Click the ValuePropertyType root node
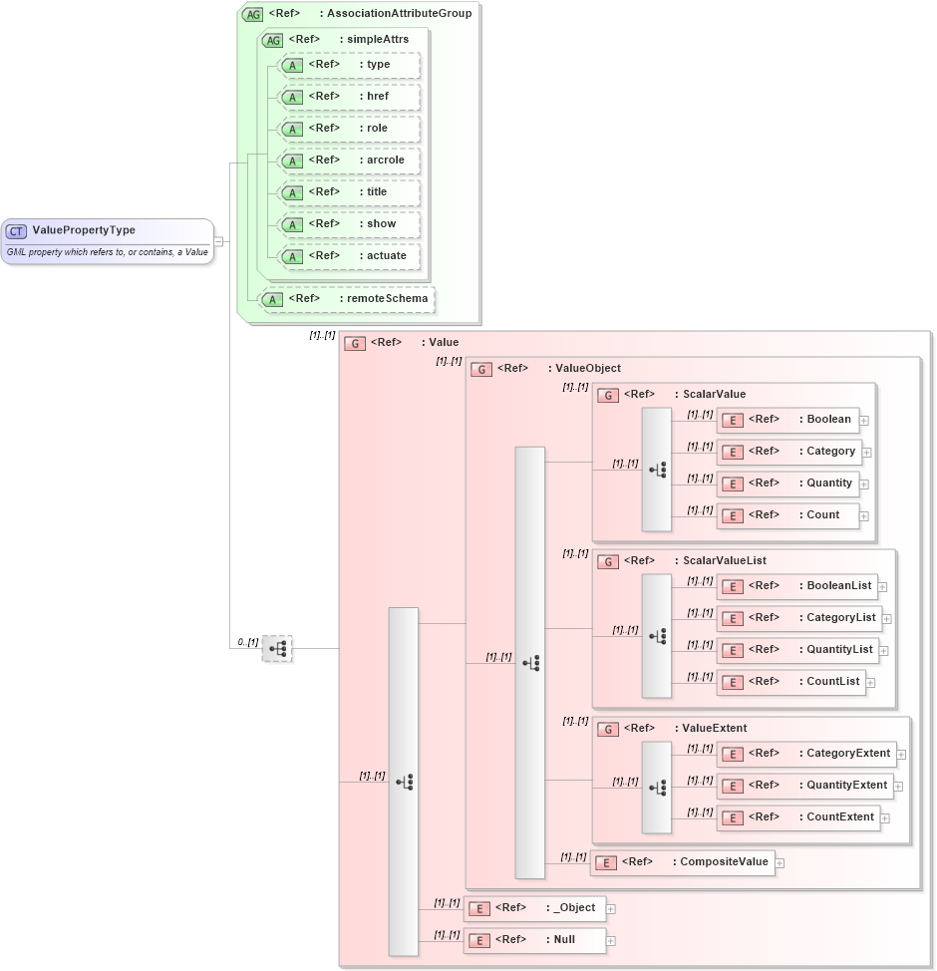click(108, 240)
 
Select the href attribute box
click(349, 97)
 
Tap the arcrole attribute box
click(349, 161)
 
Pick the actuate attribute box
click(349, 256)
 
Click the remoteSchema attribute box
click(346, 298)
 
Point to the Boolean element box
click(787, 420)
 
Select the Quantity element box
click(787, 484)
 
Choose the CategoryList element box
click(798, 618)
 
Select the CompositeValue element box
click(682, 862)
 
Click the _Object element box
click(534, 908)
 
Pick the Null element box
click(534, 940)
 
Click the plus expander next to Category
click(867, 453)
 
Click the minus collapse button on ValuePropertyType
click(218, 240)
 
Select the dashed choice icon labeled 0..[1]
click(277, 649)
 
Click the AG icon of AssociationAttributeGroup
click(252, 14)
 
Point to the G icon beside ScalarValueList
click(608, 561)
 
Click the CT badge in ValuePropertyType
click(17, 231)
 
